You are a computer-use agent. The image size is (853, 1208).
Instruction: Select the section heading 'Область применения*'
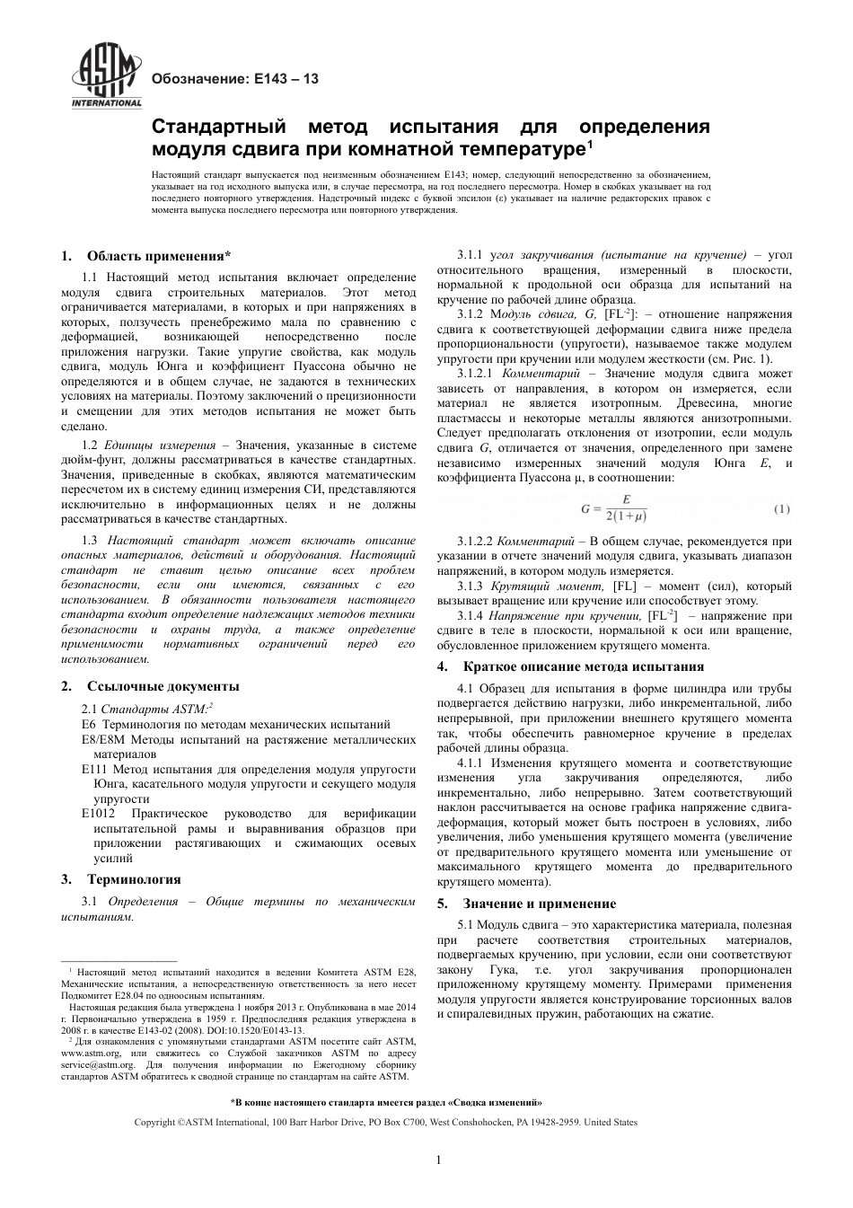pos(159,256)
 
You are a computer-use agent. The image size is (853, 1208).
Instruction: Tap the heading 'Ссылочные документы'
pos(163,686)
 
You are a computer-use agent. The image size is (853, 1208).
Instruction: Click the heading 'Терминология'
pos(134,879)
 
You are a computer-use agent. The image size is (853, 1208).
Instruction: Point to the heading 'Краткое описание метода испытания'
pos(583,666)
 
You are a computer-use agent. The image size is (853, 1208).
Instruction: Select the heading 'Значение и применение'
pos(539,904)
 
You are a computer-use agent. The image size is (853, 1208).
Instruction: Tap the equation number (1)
pos(781,509)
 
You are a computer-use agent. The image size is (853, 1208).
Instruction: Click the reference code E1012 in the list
pos(100,814)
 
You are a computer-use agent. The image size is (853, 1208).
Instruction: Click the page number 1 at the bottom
pos(438,1160)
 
